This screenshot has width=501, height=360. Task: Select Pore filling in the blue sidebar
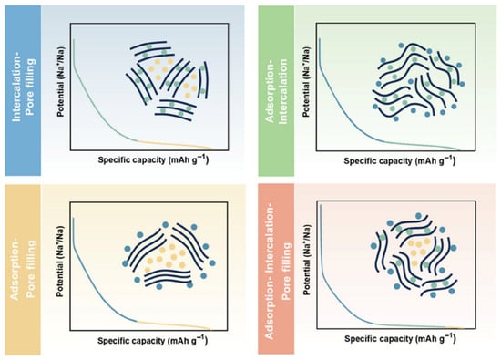[x=30, y=87]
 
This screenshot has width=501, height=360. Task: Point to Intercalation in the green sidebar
[x=283, y=91]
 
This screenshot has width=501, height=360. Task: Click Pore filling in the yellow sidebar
[x=30, y=269]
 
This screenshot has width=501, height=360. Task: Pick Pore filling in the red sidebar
[x=286, y=271]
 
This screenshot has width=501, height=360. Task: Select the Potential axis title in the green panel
[x=306, y=82]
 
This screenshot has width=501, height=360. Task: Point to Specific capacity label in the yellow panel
[x=152, y=340]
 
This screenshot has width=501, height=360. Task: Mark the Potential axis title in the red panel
[x=307, y=259]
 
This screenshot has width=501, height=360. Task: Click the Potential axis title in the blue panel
[x=60, y=81]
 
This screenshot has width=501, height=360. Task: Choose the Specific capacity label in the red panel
[x=400, y=338]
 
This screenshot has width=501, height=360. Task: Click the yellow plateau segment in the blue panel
[x=174, y=145]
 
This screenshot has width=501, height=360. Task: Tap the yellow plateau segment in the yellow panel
[x=173, y=324]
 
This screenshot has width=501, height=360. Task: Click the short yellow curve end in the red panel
[x=454, y=327]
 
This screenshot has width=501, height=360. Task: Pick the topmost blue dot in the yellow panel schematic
[x=166, y=225]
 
